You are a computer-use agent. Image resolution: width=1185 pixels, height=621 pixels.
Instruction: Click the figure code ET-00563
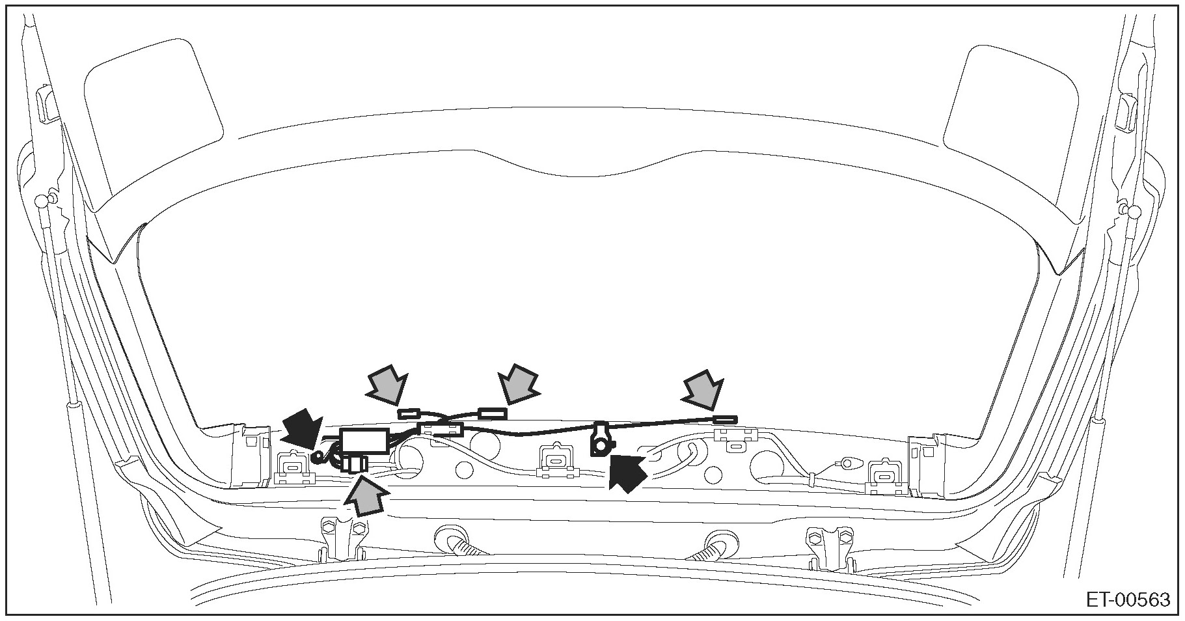[1127, 600]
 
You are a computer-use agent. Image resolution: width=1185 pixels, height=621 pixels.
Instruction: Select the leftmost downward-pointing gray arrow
[387, 388]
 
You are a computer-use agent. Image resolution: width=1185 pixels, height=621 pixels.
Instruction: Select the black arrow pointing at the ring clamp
[627, 470]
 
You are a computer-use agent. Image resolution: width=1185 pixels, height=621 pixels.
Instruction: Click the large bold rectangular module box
[365, 440]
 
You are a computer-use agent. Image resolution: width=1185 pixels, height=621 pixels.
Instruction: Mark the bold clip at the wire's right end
[725, 421]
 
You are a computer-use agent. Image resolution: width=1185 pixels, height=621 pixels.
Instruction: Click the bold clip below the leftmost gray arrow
[411, 413]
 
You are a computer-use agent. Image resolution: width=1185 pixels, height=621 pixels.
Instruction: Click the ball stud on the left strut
[44, 199]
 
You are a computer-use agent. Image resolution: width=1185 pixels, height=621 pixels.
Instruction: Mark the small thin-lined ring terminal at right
[847, 463]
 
